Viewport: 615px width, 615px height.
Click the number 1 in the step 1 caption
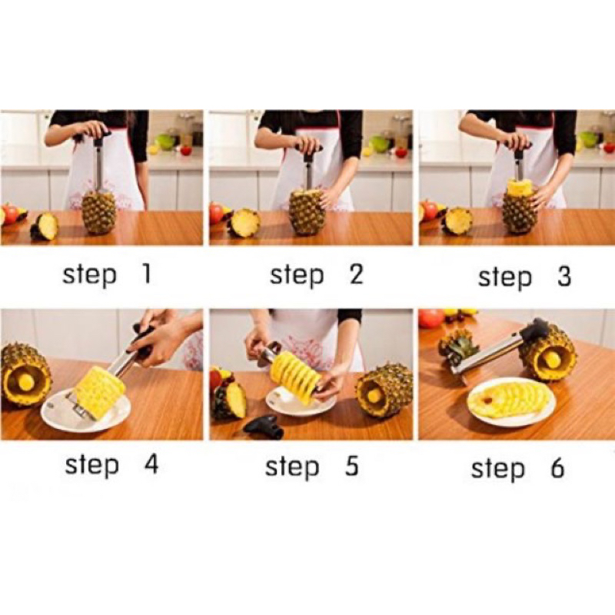click(x=146, y=274)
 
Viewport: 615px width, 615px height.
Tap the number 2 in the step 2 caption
click(x=356, y=274)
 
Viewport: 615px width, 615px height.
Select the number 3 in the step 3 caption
click(x=563, y=276)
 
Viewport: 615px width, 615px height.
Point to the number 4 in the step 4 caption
click(x=151, y=465)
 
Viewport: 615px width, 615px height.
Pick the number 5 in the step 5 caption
click(x=352, y=467)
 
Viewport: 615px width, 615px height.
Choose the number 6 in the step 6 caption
click(x=557, y=468)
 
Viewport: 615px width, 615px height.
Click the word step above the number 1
click(x=90, y=275)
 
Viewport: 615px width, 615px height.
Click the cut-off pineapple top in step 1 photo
click(x=45, y=227)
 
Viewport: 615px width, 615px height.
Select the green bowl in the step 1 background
click(x=165, y=141)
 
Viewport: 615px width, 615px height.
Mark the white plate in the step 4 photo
click(x=86, y=411)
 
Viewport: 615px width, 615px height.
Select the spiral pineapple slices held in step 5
click(x=294, y=377)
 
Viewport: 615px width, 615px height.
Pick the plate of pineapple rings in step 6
click(x=511, y=401)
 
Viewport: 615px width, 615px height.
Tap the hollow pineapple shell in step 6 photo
click(x=548, y=353)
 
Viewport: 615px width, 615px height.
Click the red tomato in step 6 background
click(x=431, y=319)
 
